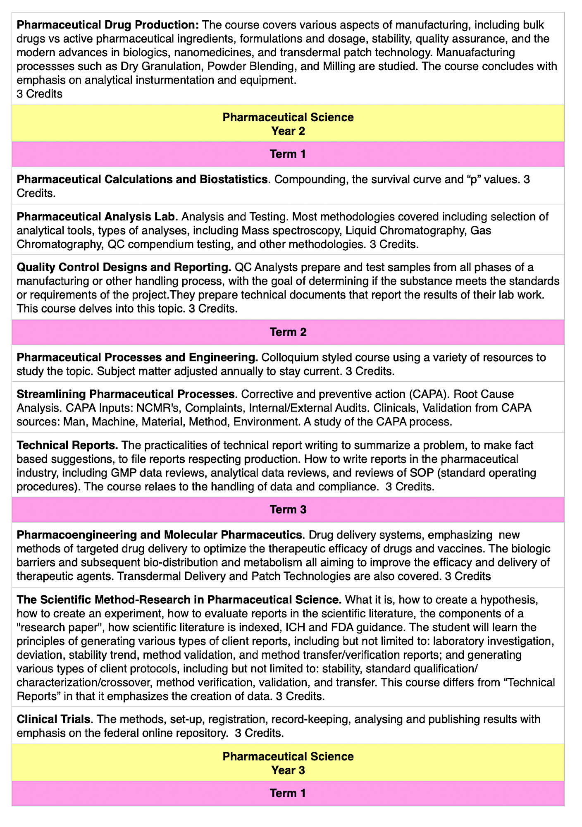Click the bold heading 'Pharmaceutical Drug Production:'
point(108,25)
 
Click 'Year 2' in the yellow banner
point(288,131)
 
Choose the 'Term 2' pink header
point(288,332)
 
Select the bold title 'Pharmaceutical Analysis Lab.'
point(98,217)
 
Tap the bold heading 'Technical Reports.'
point(67,445)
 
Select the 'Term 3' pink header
point(288,509)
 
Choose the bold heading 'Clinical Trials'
point(53,719)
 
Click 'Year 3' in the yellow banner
point(288,770)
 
